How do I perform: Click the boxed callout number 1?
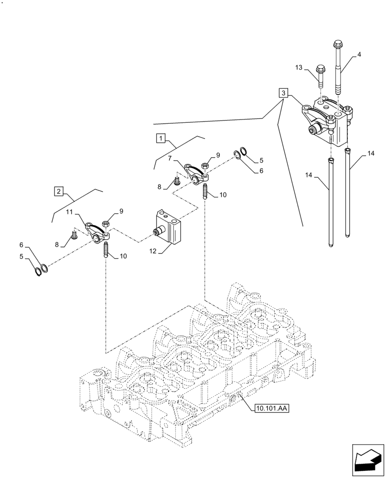[x=161, y=139]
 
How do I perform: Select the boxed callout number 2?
[x=58, y=192]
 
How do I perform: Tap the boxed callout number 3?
[x=284, y=93]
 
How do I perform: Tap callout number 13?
[x=299, y=68]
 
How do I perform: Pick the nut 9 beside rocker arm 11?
[x=107, y=223]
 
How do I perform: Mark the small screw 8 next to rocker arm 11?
[x=74, y=235]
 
